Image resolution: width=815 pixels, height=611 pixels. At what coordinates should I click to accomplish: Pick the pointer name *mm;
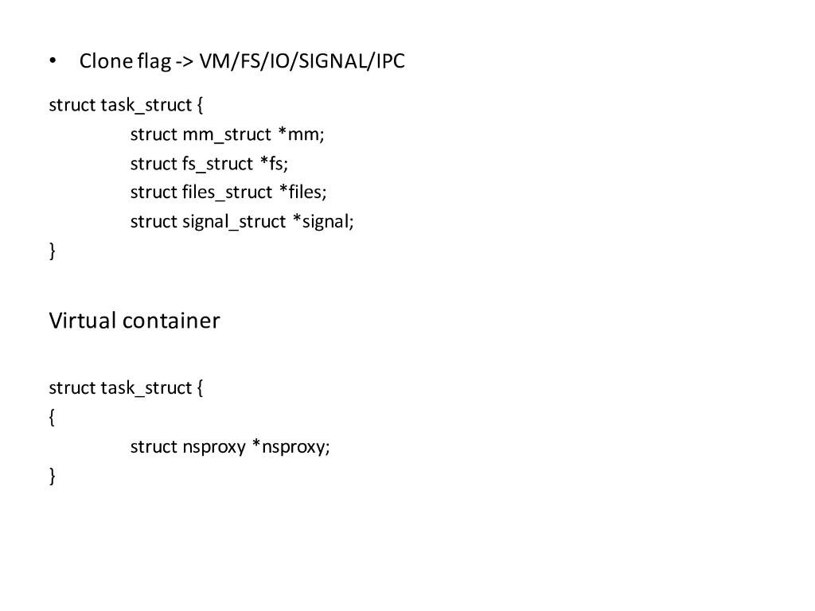point(301,134)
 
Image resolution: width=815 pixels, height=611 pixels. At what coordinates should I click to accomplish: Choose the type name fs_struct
point(217,164)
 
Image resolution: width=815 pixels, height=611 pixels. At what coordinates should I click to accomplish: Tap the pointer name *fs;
point(274,164)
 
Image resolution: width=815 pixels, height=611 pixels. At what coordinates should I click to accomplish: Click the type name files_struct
point(227,193)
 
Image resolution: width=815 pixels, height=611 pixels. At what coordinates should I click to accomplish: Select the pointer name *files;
point(302,193)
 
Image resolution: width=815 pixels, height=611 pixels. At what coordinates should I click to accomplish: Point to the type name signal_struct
point(234,222)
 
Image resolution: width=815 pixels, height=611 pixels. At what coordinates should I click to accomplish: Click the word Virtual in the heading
point(83,321)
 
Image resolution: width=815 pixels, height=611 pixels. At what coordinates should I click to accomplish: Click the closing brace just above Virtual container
point(53,251)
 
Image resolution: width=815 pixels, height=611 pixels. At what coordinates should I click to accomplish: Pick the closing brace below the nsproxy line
point(53,477)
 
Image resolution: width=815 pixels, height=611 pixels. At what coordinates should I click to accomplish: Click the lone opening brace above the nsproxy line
point(53,418)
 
